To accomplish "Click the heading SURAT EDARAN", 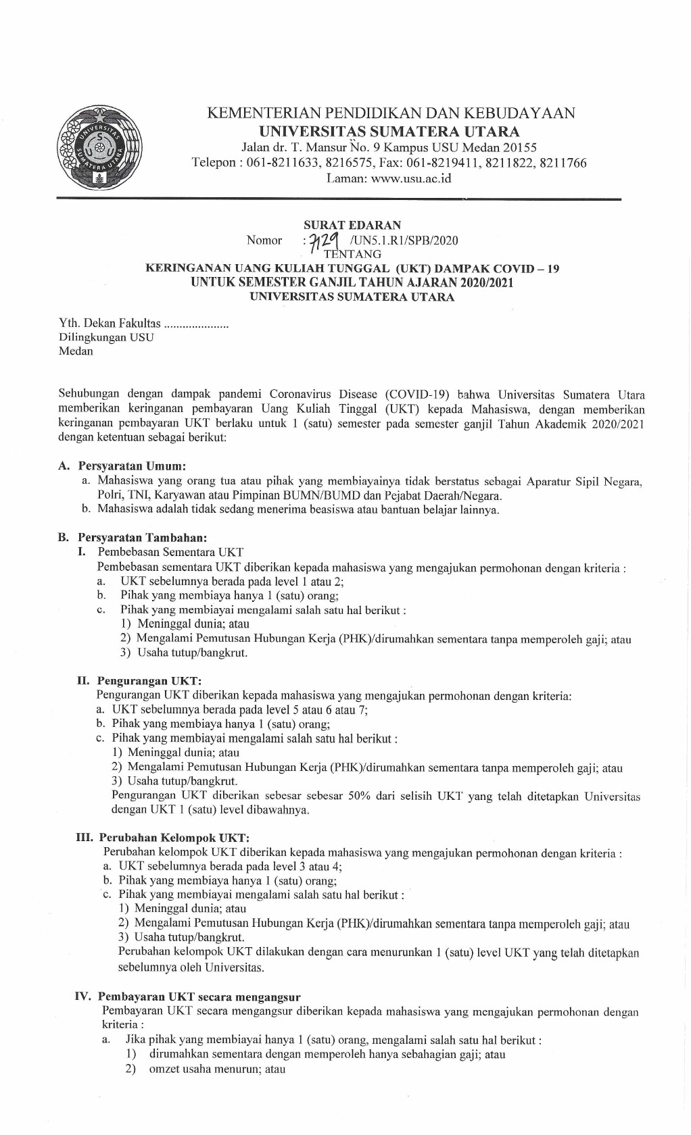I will [x=352, y=225].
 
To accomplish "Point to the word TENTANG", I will [x=352, y=255].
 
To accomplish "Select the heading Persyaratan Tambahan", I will [x=142, y=538].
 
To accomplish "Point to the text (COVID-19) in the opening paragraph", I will [x=417, y=395].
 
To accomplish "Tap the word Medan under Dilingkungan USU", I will [x=76, y=351].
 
